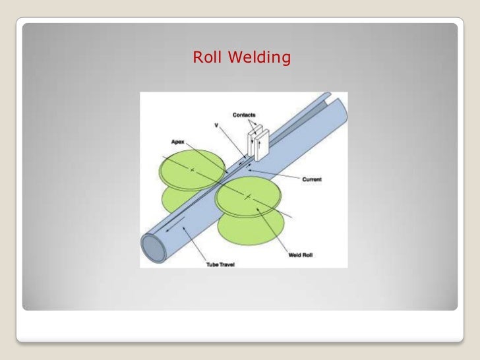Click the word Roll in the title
[207, 59]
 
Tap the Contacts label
[244, 115]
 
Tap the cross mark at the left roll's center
[192, 171]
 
